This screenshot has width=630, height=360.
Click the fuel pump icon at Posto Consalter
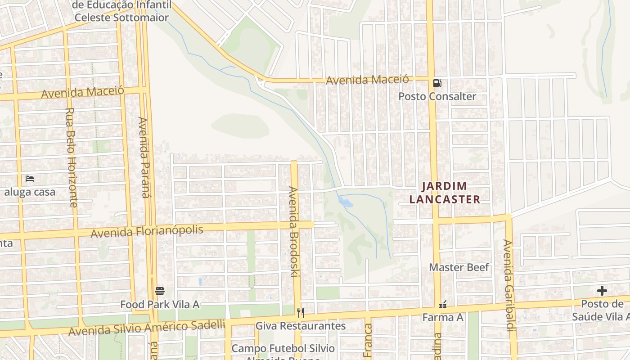point(437,83)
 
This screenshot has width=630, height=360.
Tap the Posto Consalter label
point(437,97)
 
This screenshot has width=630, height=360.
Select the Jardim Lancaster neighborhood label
point(444,193)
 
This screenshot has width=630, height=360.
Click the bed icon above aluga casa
point(30,179)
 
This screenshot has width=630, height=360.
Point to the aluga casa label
point(30,192)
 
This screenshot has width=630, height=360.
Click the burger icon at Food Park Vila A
point(160,291)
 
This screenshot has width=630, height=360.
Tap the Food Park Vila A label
point(160,305)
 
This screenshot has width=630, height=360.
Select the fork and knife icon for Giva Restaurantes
point(301,312)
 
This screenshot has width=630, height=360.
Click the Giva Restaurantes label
point(301,326)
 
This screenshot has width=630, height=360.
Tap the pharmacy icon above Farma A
point(443,305)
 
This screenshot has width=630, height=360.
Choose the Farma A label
point(443,318)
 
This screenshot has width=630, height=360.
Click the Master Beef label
point(459,267)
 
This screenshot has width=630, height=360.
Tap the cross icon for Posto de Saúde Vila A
point(602,291)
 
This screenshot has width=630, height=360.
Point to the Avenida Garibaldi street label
point(508,285)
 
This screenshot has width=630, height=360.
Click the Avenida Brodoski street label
point(294,231)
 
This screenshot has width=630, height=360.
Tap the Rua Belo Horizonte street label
point(71,157)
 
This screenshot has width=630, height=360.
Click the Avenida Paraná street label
point(144,157)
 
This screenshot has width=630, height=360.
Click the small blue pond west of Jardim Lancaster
point(346,202)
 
